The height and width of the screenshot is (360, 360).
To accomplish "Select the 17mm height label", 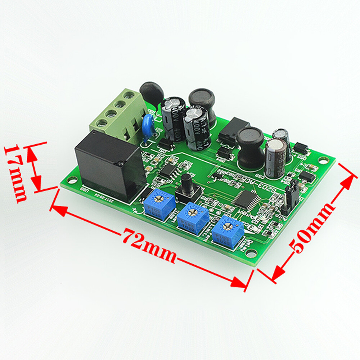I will pyautogui.click(x=16, y=173).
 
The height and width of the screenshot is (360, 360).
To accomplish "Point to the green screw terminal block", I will pyautogui.click(x=119, y=115).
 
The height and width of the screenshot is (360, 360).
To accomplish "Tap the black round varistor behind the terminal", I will pyautogui.click(x=152, y=93).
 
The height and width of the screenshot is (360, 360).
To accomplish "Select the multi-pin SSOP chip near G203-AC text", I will pyautogui.click(x=244, y=198).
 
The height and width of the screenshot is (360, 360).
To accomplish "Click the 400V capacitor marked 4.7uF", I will pyautogui.click(x=196, y=130).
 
